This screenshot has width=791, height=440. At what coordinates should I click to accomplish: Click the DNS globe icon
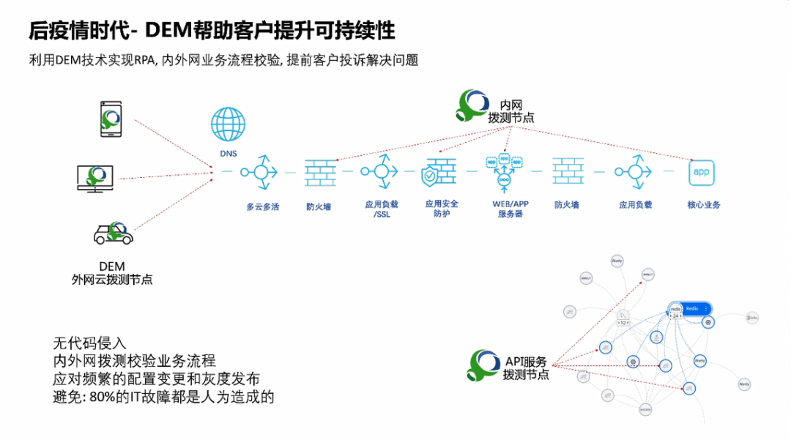[x=228, y=124]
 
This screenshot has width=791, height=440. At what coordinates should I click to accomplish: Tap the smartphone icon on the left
[x=111, y=119]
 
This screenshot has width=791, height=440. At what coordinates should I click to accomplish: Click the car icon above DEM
[x=114, y=233]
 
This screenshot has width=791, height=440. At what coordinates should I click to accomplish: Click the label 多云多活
[x=262, y=206]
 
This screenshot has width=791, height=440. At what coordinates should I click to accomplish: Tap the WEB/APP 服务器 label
[x=510, y=208]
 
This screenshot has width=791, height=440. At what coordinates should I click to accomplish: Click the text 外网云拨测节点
[x=112, y=279]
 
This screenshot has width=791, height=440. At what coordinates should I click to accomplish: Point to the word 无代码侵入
[x=90, y=343]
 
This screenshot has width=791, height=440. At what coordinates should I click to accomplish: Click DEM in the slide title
[x=168, y=30]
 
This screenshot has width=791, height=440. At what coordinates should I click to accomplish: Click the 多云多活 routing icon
[x=261, y=171]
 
